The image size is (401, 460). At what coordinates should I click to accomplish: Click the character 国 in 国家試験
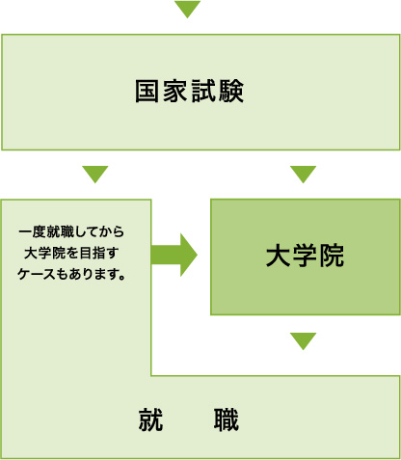(147, 92)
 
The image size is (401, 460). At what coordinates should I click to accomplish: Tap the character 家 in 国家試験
(175, 92)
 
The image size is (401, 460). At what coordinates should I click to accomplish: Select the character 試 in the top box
(203, 92)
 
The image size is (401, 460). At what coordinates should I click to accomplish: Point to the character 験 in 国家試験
(231, 92)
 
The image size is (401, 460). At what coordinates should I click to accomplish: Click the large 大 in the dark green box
(279, 256)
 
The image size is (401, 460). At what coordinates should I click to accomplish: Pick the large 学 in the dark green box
(305, 256)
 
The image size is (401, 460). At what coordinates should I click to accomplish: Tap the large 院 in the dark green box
(332, 256)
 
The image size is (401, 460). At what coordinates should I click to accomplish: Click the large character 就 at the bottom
(151, 419)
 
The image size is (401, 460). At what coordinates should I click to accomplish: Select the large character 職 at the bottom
(227, 419)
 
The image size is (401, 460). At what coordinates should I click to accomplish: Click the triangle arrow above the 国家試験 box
(187, 8)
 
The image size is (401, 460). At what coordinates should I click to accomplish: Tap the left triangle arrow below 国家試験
(95, 174)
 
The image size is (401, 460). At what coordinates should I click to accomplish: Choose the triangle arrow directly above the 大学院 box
(303, 174)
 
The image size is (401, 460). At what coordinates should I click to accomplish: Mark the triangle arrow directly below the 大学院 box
(303, 340)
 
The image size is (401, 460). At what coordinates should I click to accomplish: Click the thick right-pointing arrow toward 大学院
(174, 255)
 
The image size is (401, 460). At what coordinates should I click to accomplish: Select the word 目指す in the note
(99, 253)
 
